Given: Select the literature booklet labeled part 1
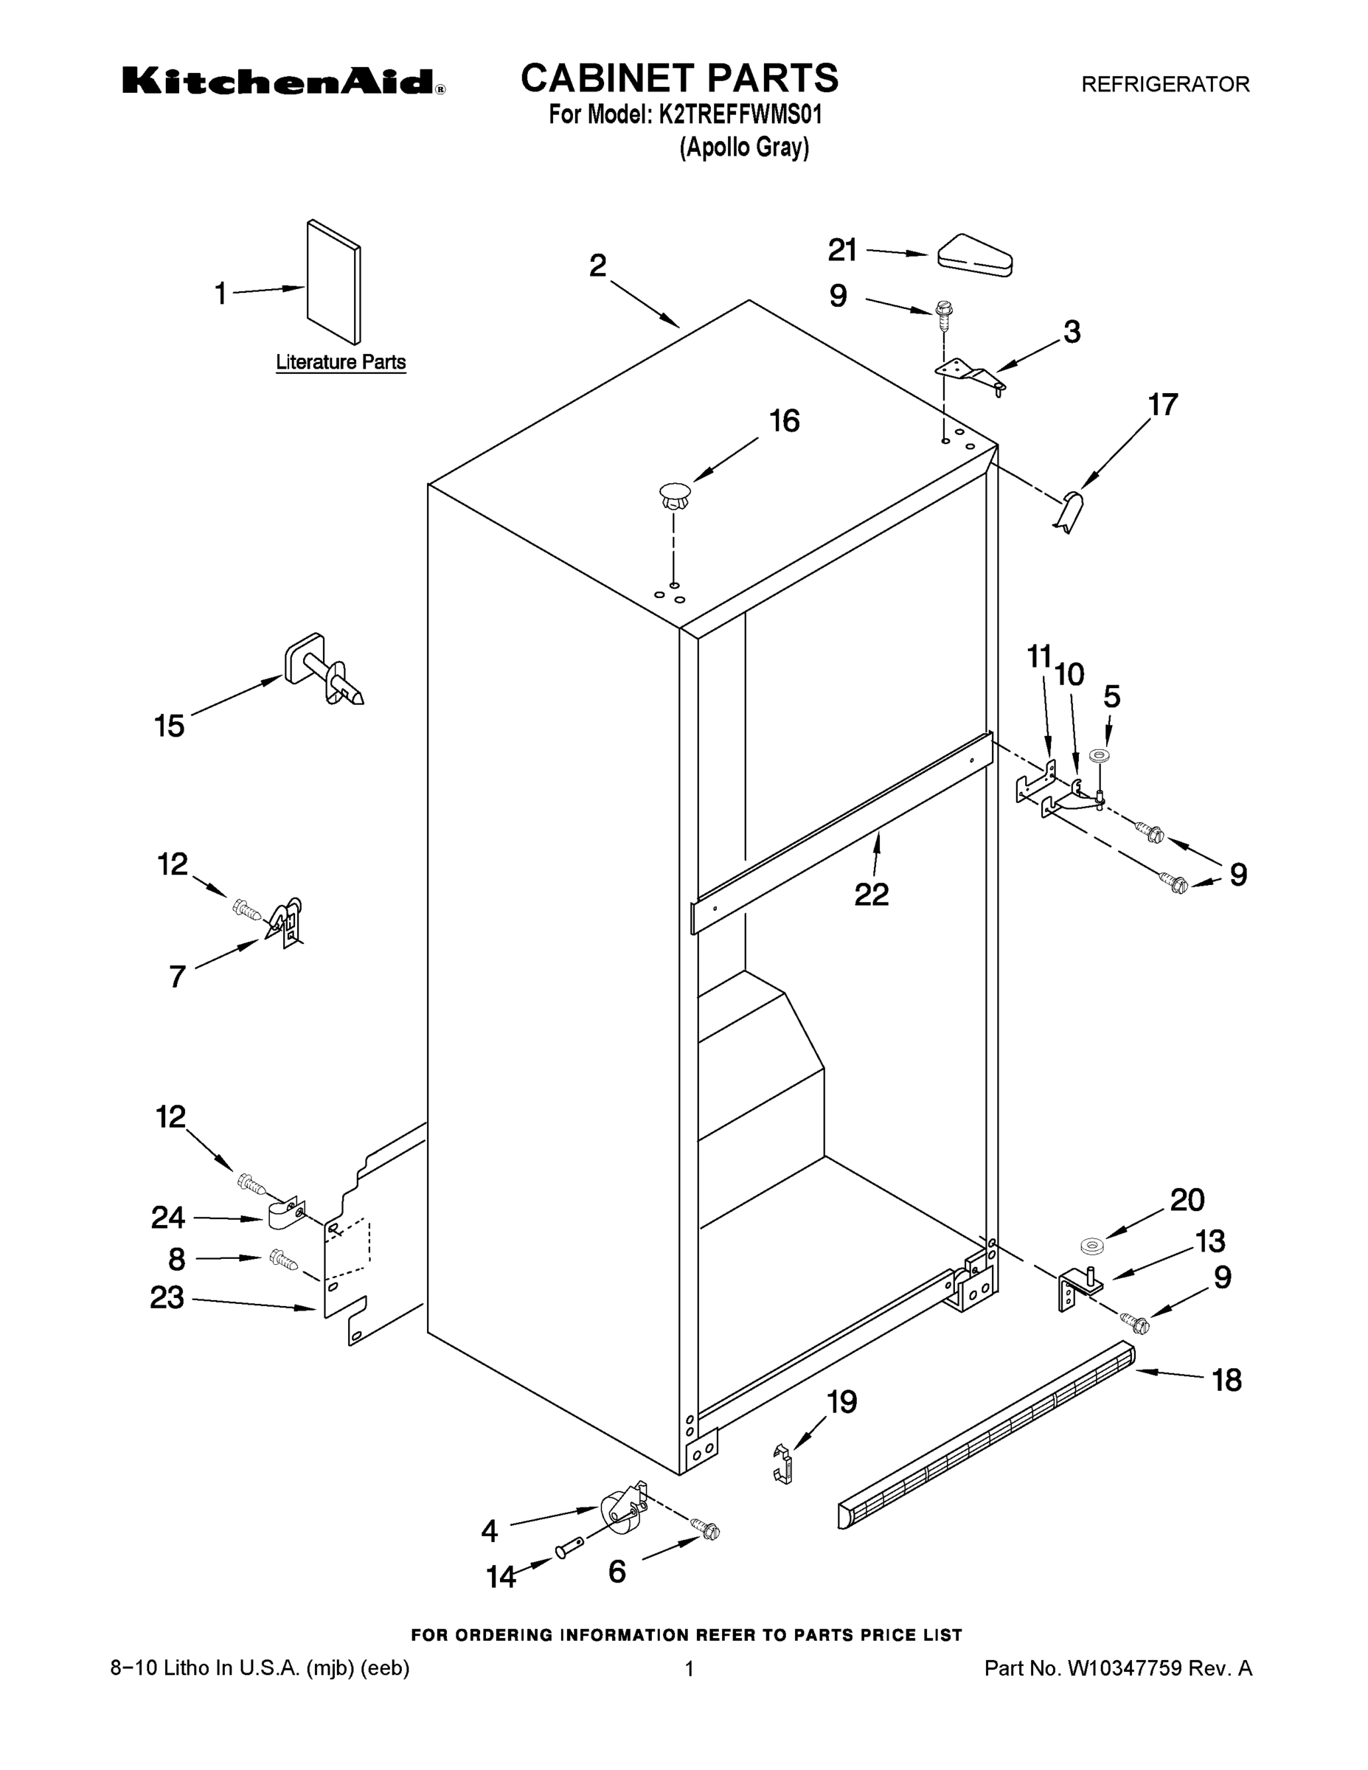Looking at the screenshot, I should [x=334, y=282].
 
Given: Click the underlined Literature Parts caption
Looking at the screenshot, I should [x=341, y=362].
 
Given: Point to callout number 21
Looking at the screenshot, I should [x=842, y=251].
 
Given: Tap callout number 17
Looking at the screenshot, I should [x=1163, y=404].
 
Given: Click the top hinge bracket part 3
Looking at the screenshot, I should [x=970, y=375].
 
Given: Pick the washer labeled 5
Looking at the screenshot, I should [x=1100, y=755].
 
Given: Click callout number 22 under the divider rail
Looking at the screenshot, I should [x=871, y=895].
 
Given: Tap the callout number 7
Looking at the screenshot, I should [x=178, y=976].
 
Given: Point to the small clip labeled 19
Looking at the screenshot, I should [x=781, y=1464].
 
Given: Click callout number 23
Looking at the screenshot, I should [x=167, y=1297].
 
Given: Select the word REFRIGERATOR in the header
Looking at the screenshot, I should [x=1165, y=84].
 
